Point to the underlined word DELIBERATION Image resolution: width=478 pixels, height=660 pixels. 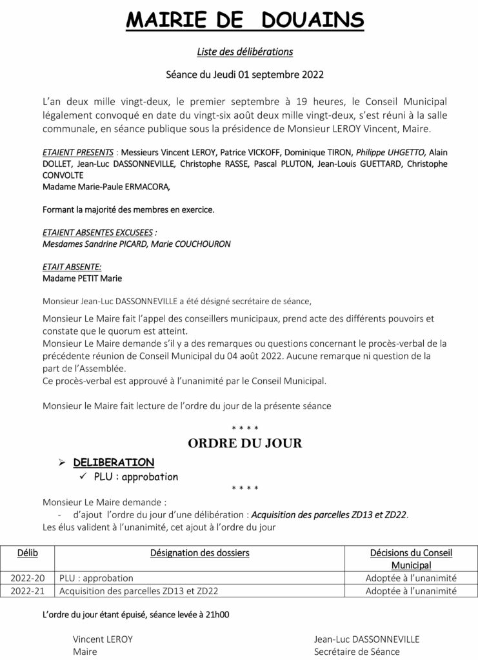114,462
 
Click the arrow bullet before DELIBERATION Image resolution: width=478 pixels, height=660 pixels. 63,462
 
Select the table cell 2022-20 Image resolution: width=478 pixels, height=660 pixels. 28,578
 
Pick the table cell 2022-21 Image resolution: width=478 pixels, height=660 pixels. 28,590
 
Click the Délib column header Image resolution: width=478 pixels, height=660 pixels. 28,552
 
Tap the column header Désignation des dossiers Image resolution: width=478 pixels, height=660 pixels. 199,552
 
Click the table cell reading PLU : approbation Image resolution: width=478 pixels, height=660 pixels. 96,578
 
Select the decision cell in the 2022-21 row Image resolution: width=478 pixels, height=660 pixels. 411,590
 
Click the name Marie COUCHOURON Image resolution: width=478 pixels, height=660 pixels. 191,244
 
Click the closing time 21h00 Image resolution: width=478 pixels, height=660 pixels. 216,615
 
